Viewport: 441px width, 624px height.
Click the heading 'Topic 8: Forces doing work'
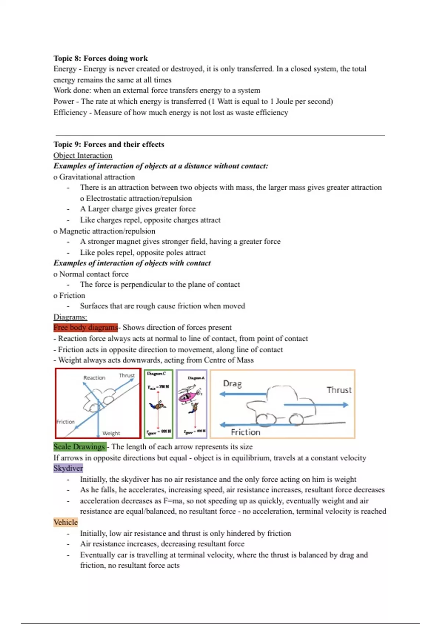coord(100,58)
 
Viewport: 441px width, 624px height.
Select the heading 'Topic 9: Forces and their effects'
coord(109,144)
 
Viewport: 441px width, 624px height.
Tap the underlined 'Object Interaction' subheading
coord(83,155)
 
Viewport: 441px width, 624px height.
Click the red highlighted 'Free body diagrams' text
coord(86,327)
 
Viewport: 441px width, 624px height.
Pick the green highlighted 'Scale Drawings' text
coord(79,447)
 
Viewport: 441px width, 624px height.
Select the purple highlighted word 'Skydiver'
coord(68,468)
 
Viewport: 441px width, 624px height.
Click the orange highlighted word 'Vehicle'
coord(65,522)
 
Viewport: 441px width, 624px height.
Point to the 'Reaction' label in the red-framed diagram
coord(94,378)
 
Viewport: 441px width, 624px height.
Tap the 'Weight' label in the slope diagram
coord(111,433)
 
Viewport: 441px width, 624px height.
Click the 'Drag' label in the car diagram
coord(232,384)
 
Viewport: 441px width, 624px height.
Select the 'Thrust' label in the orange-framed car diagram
coord(339,390)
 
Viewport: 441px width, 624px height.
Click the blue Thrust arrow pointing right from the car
coord(316,405)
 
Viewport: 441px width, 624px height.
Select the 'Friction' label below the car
coord(245,432)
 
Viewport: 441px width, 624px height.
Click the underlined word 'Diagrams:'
coord(70,317)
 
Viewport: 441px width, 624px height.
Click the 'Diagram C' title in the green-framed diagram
coord(157,374)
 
